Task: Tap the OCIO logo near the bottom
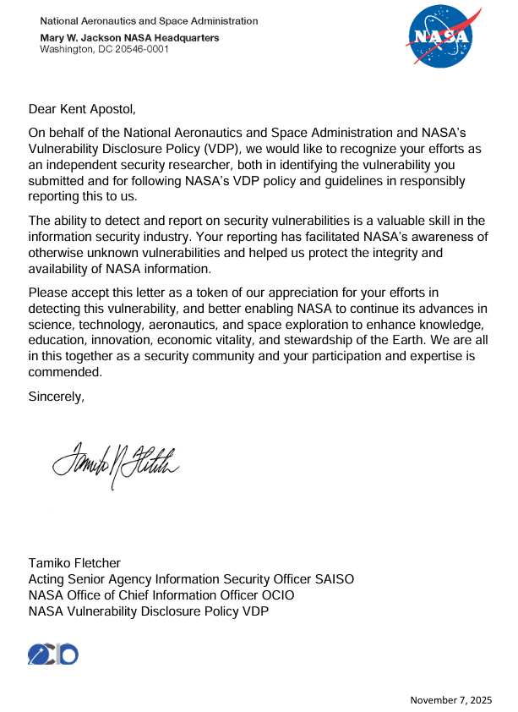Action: (x=52, y=654)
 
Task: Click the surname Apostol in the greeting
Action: (x=110, y=109)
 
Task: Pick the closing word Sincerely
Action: (x=57, y=396)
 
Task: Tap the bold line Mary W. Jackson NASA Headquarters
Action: (x=130, y=38)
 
